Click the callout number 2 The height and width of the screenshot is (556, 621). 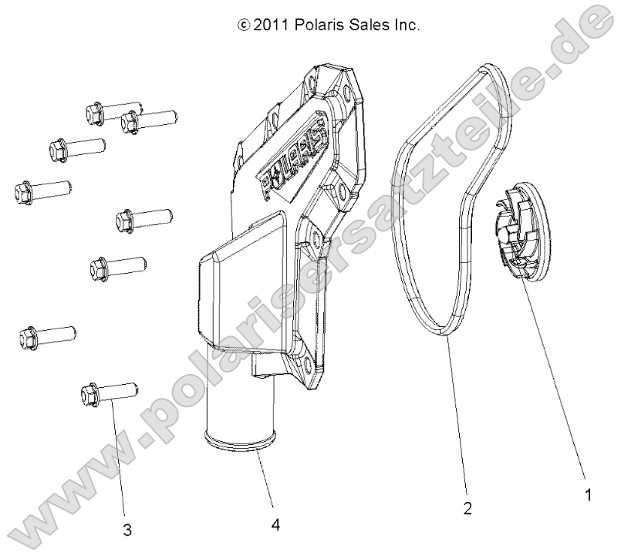[x=467, y=508]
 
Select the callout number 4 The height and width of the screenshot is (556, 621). [x=275, y=526]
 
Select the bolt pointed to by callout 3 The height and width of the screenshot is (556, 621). [x=108, y=393]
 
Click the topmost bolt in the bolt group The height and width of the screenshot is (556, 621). [x=112, y=113]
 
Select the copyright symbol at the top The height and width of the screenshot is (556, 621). [x=245, y=25]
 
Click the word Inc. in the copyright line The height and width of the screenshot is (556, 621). [x=403, y=25]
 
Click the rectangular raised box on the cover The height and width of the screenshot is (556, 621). [x=240, y=293]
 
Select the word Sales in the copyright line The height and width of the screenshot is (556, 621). [x=364, y=25]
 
